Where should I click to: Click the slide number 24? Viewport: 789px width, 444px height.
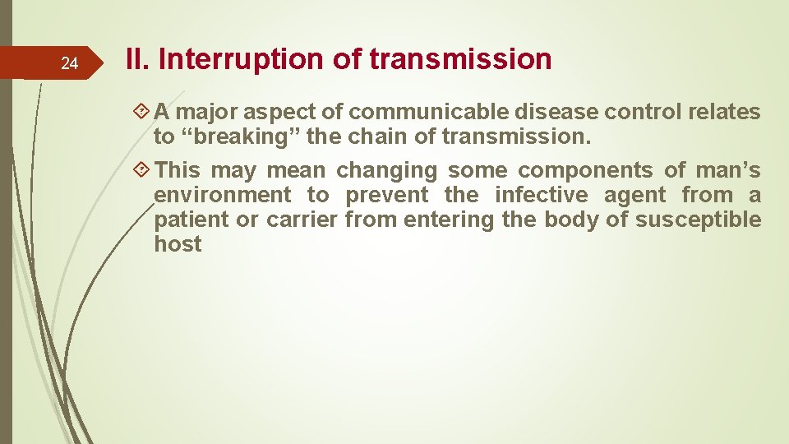point(70,64)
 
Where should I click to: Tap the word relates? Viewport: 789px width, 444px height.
point(726,112)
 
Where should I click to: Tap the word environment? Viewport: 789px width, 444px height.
point(222,195)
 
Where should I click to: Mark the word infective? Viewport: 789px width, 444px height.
point(542,195)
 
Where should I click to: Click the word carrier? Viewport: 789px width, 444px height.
point(302,220)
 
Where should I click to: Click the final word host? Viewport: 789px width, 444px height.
point(178,244)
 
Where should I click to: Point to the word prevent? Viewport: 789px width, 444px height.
point(386,195)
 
